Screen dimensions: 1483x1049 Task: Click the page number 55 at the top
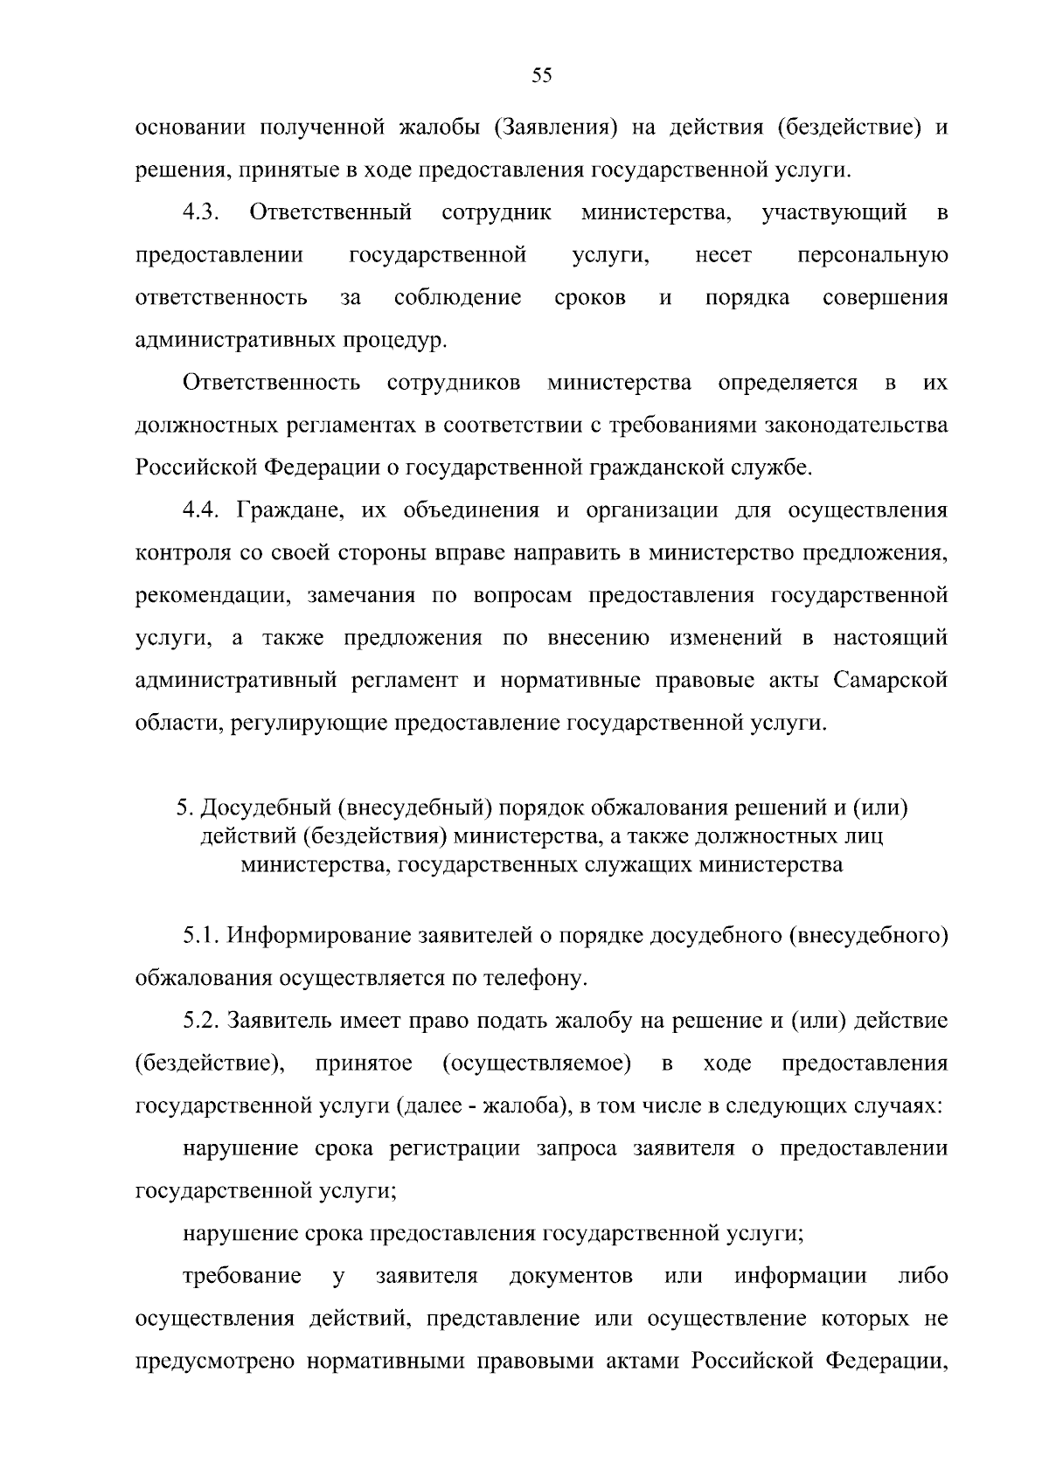541,76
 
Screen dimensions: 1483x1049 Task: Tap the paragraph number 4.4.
206,510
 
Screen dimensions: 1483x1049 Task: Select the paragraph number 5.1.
201,936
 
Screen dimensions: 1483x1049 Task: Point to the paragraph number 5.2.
201,1021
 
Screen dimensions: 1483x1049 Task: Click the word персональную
872,256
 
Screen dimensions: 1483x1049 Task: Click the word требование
242,1276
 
